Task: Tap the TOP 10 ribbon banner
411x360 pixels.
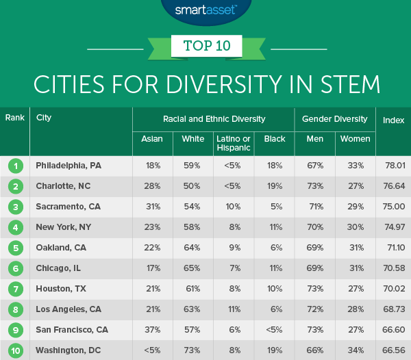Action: click(x=206, y=47)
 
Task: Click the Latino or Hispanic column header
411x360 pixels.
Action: click(x=233, y=142)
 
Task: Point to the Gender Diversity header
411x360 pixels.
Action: click(x=335, y=119)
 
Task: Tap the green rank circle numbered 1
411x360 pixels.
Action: click(x=14, y=166)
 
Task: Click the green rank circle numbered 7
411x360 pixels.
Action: click(x=14, y=289)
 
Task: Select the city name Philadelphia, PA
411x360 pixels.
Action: click(x=68, y=166)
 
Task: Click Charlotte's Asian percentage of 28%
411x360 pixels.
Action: click(x=151, y=186)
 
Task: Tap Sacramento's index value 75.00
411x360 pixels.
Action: click(x=393, y=207)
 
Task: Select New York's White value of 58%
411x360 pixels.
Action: click(x=192, y=227)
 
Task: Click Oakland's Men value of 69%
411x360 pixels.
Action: click(x=315, y=248)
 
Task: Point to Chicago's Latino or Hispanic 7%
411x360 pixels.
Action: click(x=233, y=268)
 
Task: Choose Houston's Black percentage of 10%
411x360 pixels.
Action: click(x=274, y=289)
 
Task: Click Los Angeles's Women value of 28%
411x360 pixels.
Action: click(x=356, y=309)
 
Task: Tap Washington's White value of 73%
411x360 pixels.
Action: click(x=192, y=350)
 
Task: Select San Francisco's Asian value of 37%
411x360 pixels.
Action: click(x=151, y=330)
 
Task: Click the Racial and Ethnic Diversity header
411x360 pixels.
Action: click(x=214, y=119)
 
